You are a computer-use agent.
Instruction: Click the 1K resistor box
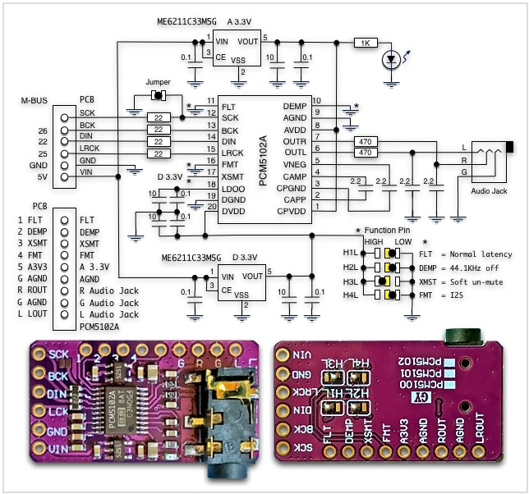click(366, 42)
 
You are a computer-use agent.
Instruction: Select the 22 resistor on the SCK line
click(156, 118)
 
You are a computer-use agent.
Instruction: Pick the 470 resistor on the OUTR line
click(366, 141)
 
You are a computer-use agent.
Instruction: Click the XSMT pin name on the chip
click(232, 176)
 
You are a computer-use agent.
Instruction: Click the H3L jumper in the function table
click(383, 281)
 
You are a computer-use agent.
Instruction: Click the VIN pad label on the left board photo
click(57, 450)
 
